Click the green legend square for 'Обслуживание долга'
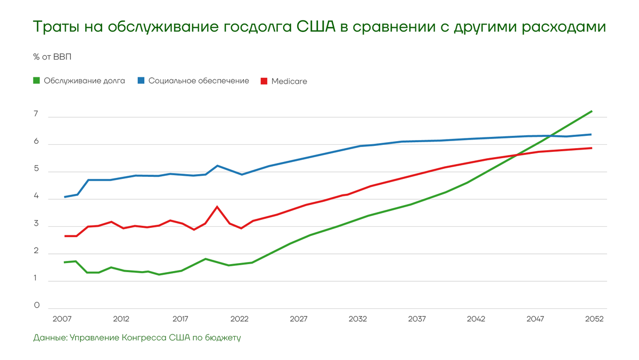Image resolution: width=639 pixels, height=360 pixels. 37,81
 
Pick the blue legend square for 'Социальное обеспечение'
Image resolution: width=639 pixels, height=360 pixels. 141,81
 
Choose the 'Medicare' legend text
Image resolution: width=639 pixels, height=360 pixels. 289,81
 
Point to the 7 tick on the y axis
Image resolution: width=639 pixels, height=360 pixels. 36,114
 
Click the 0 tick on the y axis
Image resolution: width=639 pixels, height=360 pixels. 36,305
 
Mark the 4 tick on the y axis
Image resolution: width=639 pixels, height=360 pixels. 36,196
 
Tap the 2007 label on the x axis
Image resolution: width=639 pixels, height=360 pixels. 63,319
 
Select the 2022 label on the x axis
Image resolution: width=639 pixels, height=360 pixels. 240,319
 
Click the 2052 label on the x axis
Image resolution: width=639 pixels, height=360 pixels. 594,319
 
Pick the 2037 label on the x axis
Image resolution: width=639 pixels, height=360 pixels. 417,319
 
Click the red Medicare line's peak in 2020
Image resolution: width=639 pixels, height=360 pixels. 217,207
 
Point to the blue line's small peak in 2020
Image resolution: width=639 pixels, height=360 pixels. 217,166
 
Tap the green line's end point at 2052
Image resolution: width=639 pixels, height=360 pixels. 592,111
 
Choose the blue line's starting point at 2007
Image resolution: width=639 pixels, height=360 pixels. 64,197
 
